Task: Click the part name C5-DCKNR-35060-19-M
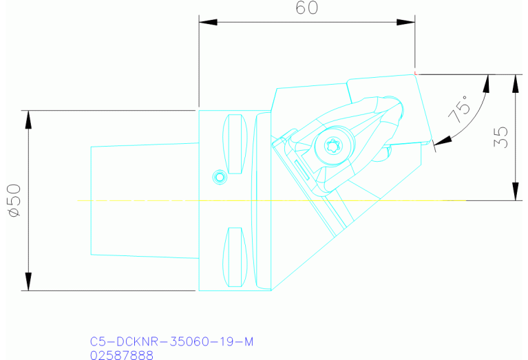pyautogui.click(x=167, y=341)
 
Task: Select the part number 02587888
pyautogui.click(x=122, y=354)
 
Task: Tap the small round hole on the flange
pyautogui.click(x=220, y=177)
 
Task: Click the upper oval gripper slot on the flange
pyautogui.click(x=235, y=145)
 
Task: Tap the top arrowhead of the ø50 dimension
pyautogui.click(x=28, y=118)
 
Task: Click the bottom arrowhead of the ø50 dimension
pyautogui.click(x=28, y=282)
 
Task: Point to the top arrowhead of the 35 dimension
pyautogui.click(x=515, y=82)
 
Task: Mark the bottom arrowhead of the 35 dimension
pyautogui.click(x=515, y=192)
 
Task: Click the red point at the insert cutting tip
pyautogui.click(x=415, y=72)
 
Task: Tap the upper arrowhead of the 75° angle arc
pyautogui.click(x=488, y=82)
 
